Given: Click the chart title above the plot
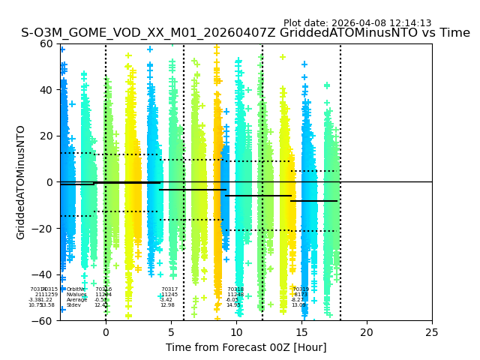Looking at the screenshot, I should tap(245, 34).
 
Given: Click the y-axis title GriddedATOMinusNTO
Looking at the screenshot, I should tap(21, 182).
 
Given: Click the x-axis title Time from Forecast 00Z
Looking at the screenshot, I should tap(246, 347).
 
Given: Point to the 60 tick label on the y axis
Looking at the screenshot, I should tap(46, 43).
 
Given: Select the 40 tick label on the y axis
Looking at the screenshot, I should tap(46, 90).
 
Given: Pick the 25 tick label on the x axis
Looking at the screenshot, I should tap(432, 332).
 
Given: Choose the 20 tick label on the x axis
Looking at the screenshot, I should tap(367, 332).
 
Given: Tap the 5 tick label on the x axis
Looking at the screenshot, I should tap(171, 332).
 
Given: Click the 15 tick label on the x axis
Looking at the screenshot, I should tap(301, 332).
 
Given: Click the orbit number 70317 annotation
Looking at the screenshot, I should tap(169, 289).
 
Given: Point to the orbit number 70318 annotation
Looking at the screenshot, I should tap(235, 289).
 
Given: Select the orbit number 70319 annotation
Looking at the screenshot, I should tap(301, 289).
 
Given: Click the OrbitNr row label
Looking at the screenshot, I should tap(76, 289).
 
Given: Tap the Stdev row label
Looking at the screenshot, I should tap(73, 305).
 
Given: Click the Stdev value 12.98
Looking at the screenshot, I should tap(167, 305).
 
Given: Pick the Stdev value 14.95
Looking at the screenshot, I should tap(233, 305).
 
